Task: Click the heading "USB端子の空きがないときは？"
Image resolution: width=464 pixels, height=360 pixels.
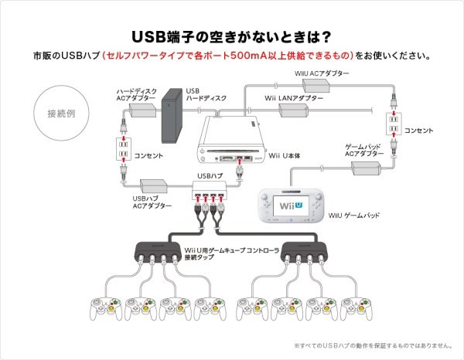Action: [232, 36]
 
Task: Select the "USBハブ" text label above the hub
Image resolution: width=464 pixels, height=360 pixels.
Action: [210, 176]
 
